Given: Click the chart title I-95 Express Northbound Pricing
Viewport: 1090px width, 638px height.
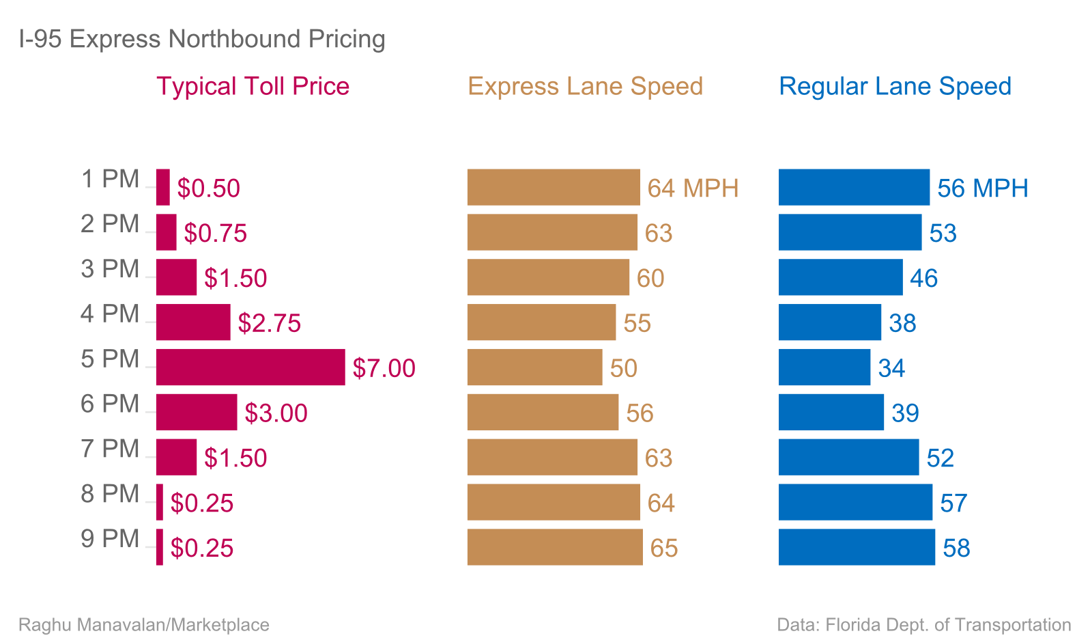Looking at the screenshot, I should [x=202, y=39].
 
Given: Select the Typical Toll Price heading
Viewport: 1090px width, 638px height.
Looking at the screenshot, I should [x=253, y=87].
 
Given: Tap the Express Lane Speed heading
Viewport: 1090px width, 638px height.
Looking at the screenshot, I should [x=585, y=87].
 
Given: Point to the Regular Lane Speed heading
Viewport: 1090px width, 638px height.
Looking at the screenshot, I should [x=895, y=87].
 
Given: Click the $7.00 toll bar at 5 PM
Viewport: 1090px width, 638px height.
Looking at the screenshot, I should [x=250, y=367].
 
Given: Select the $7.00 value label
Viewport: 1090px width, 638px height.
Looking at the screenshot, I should [x=384, y=368].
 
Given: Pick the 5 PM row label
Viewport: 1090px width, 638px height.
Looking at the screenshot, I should [x=110, y=359].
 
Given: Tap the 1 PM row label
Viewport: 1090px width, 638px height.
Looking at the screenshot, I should [x=110, y=180].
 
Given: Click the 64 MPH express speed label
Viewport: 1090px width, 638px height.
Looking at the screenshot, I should [x=693, y=189].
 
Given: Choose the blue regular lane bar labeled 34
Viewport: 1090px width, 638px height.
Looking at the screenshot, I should [x=824, y=367].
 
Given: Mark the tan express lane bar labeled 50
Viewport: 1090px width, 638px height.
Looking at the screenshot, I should [x=534, y=367].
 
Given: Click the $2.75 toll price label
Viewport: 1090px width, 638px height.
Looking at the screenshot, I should [x=269, y=323].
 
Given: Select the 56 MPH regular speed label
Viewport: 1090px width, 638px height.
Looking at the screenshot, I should [x=982, y=189].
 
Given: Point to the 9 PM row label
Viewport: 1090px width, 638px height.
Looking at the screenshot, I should [x=110, y=539].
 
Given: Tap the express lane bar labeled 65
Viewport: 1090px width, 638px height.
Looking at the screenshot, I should [x=555, y=547].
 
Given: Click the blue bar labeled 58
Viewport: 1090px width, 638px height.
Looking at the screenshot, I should [x=857, y=547].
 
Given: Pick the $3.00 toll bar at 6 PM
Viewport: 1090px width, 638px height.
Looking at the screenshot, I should [x=197, y=413].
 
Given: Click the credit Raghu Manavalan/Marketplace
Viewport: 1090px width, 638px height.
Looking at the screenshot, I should [x=144, y=625].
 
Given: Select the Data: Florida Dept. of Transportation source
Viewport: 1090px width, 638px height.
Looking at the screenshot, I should [x=923, y=625].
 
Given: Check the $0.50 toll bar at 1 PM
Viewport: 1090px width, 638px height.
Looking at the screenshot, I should [x=163, y=187].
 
